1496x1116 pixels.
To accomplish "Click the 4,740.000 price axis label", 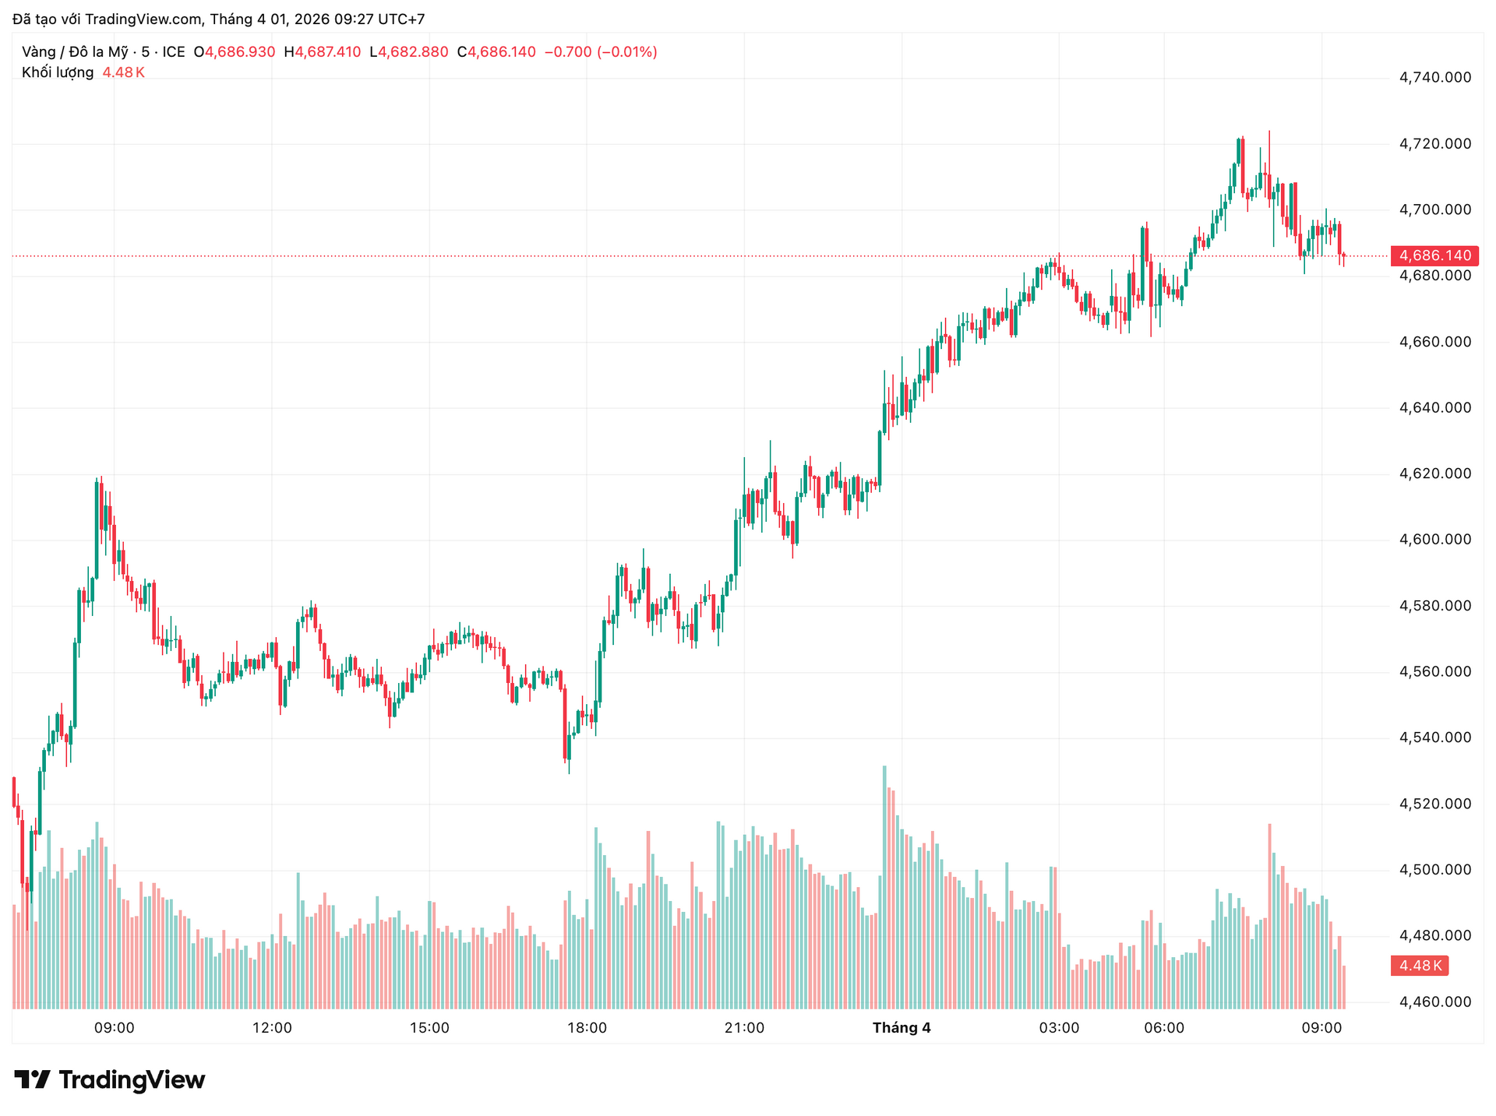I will pyautogui.click(x=1435, y=77).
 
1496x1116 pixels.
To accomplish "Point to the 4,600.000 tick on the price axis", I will pyautogui.click(x=1435, y=540).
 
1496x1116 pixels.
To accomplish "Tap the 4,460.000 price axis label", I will pyautogui.click(x=1435, y=1002).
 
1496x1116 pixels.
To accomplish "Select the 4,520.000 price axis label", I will pyautogui.click(x=1435, y=804).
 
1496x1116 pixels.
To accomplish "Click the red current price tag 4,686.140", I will pyautogui.click(x=1434, y=255).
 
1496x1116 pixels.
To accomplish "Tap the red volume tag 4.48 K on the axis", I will pyautogui.click(x=1420, y=966).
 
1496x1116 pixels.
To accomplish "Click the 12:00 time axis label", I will pyautogui.click(x=272, y=1028).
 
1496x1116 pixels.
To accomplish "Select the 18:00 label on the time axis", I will pyautogui.click(x=587, y=1028).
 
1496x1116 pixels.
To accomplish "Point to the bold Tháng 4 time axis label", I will pyautogui.click(x=901, y=1028).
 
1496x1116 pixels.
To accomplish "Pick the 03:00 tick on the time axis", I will pyautogui.click(x=1059, y=1028).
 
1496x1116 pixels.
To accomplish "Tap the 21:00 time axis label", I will pyautogui.click(x=744, y=1028).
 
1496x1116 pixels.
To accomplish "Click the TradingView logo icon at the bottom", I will pyautogui.click(x=32, y=1079).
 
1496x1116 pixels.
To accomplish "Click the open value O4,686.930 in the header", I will pyautogui.click(x=235, y=52).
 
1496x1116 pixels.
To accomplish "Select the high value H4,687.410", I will pyautogui.click(x=323, y=52).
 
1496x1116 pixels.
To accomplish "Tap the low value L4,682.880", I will pyautogui.click(x=409, y=52).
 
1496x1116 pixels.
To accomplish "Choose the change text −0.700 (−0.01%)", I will pyautogui.click(x=601, y=52).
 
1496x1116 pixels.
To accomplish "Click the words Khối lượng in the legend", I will pyautogui.click(x=58, y=72).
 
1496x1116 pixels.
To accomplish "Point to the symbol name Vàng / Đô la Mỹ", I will pyautogui.click(x=75, y=52).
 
